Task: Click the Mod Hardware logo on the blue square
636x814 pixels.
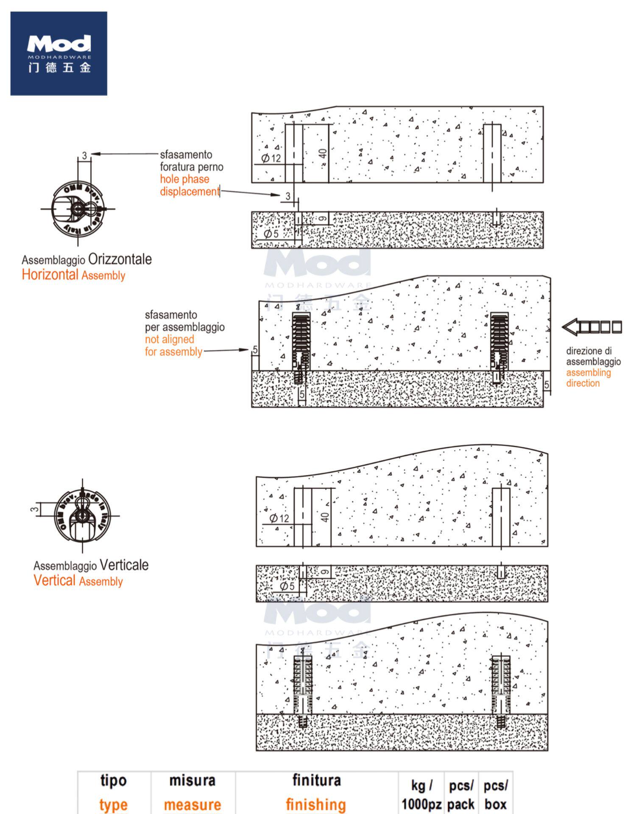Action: [59, 53]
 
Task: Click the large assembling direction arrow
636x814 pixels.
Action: [592, 326]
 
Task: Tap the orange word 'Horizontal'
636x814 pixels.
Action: [50, 275]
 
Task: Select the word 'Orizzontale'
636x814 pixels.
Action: [120, 259]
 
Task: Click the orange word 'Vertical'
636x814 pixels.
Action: [54, 580]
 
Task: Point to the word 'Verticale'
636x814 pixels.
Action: [124, 565]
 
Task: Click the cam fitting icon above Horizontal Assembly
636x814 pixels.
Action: [78, 209]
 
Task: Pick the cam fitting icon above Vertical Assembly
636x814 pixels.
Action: [82, 516]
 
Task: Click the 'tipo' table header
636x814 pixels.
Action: [113, 781]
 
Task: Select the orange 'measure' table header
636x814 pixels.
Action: [192, 804]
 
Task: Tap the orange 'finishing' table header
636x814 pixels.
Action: [316, 804]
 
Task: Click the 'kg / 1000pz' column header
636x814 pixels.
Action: [421, 795]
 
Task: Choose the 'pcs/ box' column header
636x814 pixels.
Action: [496, 795]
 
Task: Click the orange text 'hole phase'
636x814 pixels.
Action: [184, 179]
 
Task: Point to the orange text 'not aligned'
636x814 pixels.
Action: [169, 339]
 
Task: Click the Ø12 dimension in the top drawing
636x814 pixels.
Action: [271, 158]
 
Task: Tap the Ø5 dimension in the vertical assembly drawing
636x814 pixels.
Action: [287, 586]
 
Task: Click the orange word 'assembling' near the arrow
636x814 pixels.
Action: [588, 373]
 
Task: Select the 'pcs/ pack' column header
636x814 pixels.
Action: [461, 795]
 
